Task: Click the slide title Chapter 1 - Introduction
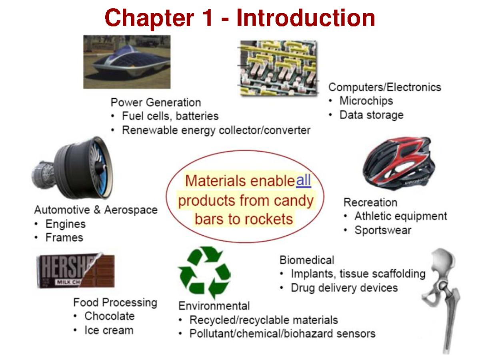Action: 240,18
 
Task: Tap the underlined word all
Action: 303,181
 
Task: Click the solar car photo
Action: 127,62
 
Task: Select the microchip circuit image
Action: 278,68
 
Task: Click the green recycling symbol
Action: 204,272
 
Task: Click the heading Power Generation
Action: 156,102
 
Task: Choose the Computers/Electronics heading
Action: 384,87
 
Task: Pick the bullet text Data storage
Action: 371,115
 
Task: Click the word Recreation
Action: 370,202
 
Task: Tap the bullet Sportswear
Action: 383,230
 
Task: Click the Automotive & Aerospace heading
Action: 96,210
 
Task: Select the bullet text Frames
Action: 64,238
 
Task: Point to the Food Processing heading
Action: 115,302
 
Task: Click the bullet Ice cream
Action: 109,330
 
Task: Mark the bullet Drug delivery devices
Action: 344,288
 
